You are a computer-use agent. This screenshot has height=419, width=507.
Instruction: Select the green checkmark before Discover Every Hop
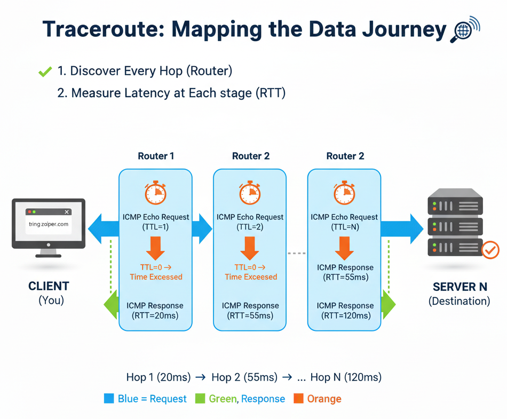(x=45, y=72)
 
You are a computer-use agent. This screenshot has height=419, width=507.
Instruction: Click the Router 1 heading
(x=156, y=156)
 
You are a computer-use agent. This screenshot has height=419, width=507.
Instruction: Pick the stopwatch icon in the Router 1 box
(x=156, y=193)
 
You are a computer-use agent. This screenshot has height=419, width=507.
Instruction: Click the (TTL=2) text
(x=250, y=227)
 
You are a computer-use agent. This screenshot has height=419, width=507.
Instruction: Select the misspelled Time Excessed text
(x=156, y=277)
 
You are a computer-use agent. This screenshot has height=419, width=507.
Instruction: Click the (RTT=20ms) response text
(x=155, y=315)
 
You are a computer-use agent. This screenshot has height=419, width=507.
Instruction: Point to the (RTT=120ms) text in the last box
(x=344, y=315)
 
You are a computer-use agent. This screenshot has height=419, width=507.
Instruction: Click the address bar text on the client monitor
(x=49, y=224)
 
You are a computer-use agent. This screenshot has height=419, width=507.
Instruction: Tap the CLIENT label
(x=49, y=287)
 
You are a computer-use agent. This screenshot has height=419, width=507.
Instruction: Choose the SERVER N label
(x=459, y=287)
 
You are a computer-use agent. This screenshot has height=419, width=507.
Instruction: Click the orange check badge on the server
(x=490, y=249)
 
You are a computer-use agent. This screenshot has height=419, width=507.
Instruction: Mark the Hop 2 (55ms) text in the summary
(x=244, y=377)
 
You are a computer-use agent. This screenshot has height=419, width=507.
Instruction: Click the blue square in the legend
(x=109, y=399)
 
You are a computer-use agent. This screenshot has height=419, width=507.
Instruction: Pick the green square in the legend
(x=200, y=399)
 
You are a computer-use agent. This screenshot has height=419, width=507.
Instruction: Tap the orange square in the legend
(x=298, y=399)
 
